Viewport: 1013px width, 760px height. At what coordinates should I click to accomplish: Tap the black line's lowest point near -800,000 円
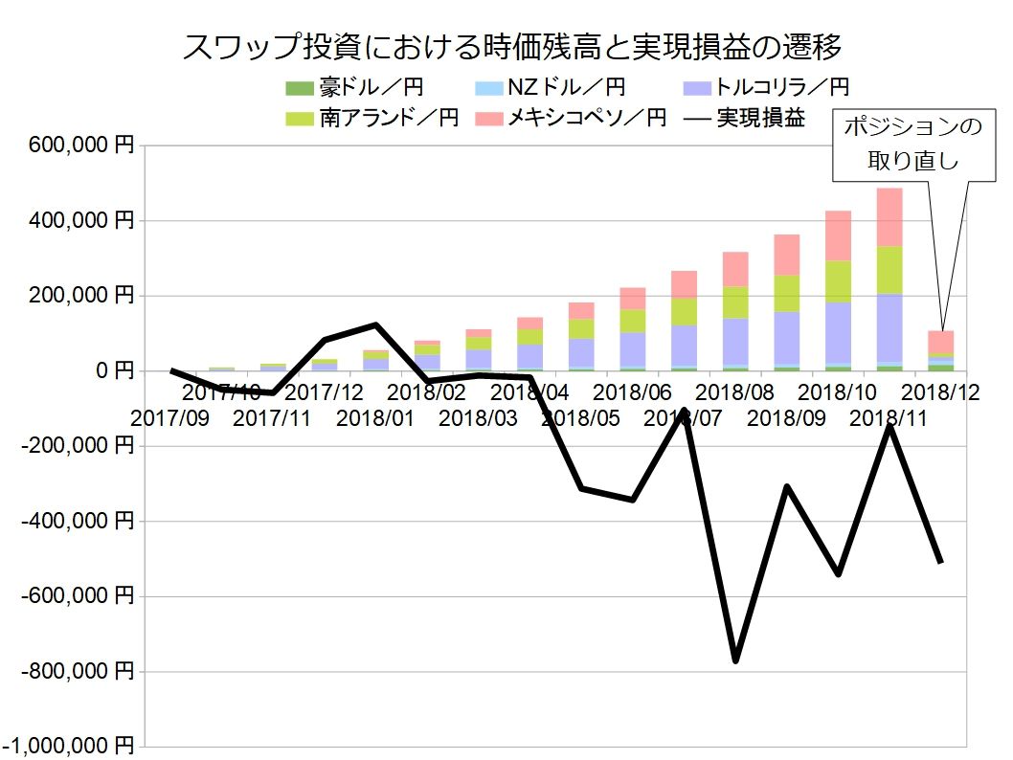click(735, 659)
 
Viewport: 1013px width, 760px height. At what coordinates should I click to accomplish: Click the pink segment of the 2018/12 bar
click(941, 342)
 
